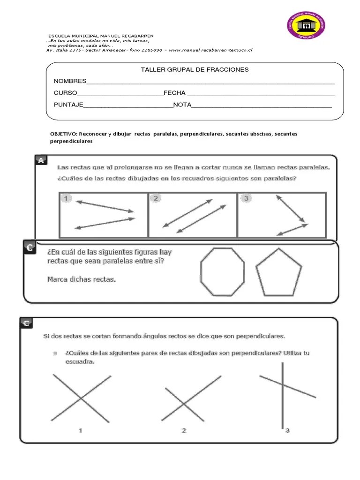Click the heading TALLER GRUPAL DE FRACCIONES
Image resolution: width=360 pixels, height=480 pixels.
195,70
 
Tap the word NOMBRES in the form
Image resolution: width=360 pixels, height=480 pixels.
70,81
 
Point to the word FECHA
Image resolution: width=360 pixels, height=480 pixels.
174,93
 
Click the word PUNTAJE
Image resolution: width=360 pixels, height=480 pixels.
68,105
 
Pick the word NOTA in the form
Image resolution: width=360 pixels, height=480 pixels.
182,105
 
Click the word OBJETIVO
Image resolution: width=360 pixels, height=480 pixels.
63,134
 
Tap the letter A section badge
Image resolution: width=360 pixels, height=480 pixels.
41,161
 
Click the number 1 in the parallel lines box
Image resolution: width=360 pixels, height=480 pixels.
66,199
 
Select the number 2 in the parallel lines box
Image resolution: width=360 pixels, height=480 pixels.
156,199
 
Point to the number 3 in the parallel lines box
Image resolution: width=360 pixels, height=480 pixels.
245,199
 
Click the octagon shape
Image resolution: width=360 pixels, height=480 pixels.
222,272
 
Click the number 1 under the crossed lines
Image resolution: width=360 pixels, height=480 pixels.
81,430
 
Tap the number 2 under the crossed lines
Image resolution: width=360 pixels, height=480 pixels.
184,430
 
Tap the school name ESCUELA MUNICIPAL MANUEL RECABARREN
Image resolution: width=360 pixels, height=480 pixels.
101,36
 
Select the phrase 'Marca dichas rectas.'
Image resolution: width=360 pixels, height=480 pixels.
81,280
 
